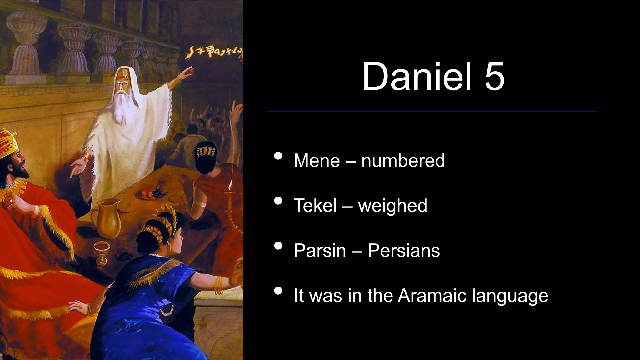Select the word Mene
[317, 161]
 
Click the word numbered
[403, 161]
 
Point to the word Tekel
[315, 206]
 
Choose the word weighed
[392, 206]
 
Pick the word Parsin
[320, 251]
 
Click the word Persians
[403, 251]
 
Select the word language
[510, 296]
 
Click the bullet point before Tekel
[278, 201]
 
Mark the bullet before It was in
[278, 291]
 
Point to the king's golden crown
[8, 142]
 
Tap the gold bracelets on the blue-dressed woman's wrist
[218, 284]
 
